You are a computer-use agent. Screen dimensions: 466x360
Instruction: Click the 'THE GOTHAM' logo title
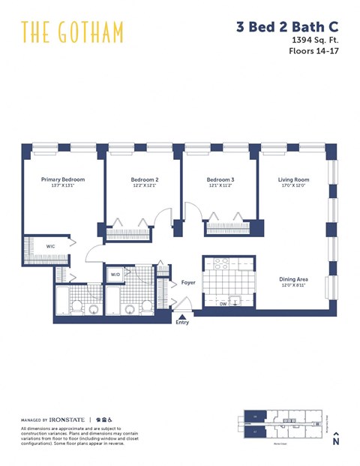(72, 32)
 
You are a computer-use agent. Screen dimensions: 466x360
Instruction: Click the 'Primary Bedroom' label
(63, 179)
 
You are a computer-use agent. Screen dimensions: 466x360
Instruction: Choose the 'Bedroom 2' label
(145, 180)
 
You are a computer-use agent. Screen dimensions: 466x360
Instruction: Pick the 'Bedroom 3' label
(220, 180)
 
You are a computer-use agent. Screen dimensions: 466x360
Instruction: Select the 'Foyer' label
(188, 283)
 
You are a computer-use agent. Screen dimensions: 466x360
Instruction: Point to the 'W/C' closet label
(50, 246)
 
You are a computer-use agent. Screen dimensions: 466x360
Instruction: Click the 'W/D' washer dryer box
(115, 275)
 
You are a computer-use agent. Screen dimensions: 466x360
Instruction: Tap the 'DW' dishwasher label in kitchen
(223, 304)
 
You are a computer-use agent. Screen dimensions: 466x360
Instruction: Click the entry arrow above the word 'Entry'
(182, 317)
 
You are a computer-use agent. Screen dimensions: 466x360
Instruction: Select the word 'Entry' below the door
(182, 323)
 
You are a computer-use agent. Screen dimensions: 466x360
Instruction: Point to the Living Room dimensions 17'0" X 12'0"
(294, 187)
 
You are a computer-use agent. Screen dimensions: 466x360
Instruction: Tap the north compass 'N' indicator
(336, 440)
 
